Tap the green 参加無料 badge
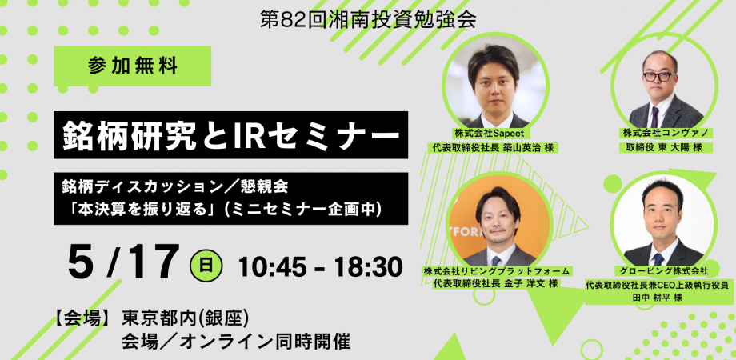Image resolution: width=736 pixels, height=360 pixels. pyautogui.click(x=132, y=66)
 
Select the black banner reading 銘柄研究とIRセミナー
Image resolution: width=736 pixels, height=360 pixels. pyautogui.click(x=230, y=134)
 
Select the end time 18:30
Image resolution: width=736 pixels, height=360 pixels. pyautogui.click(x=368, y=266)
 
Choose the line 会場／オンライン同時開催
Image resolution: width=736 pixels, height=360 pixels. pyautogui.click(x=236, y=342)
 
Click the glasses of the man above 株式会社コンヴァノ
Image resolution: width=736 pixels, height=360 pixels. pyautogui.click(x=659, y=77)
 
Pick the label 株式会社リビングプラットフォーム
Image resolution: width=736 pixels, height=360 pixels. pyautogui.click(x=496, y=271)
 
